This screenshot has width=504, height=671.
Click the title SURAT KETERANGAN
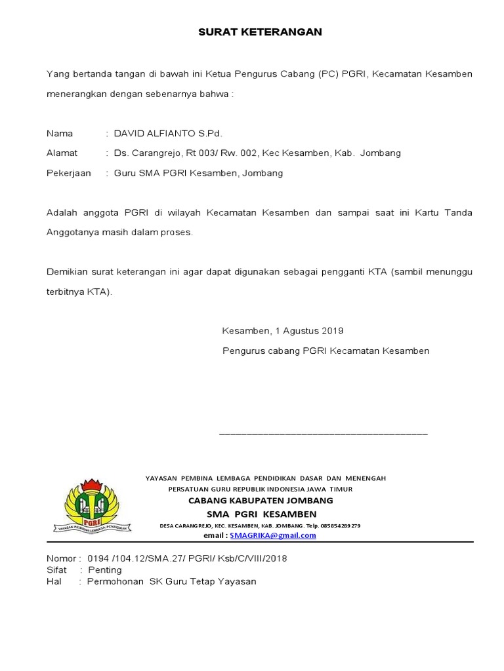260,32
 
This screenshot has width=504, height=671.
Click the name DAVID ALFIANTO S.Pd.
168,134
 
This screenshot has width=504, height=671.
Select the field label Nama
60,134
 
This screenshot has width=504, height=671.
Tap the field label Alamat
62,153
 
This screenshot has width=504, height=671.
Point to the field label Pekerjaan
68,173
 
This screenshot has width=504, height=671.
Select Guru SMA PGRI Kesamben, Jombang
198,173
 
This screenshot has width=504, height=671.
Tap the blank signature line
323,434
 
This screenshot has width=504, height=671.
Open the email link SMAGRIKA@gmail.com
273,535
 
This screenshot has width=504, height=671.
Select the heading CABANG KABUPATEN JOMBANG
261,501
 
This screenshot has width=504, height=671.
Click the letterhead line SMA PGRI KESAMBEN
261,514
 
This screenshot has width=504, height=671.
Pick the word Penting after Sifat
105,570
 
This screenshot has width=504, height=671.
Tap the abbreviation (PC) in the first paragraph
329,74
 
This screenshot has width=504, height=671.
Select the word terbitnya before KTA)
65,292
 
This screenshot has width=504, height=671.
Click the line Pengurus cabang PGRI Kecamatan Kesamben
325,351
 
